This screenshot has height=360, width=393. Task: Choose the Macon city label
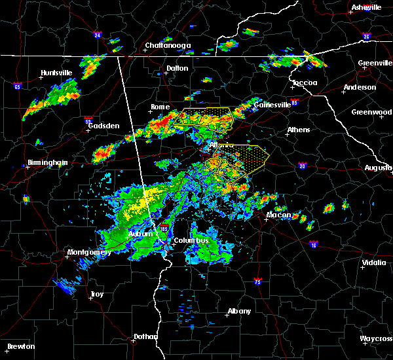278,215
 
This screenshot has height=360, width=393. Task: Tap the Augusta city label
378,168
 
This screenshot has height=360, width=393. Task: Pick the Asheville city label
366,7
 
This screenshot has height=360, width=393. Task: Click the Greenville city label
375,63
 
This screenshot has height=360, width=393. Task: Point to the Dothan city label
145,336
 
